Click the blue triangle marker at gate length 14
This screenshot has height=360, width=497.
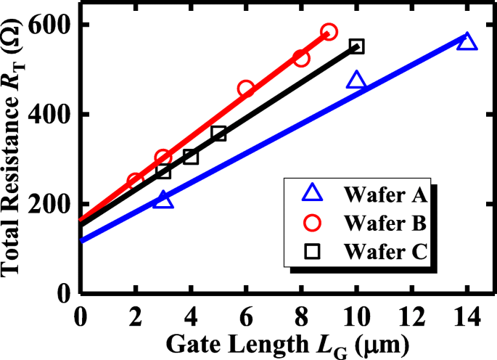click(x=467, y=41)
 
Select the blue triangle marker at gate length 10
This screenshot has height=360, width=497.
click(x=356, y=81)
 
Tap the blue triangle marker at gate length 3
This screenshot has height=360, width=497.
click(x=164, y=200)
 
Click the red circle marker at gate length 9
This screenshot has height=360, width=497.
click(x=329, y=32)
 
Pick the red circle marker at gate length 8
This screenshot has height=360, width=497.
click(x=301, y=58)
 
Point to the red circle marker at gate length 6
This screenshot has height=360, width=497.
click(x=246, y=89)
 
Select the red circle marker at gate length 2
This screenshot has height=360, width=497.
click(x=135, y=181)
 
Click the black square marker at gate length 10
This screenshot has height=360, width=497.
click(x=356, y=46)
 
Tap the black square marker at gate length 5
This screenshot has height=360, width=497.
click(x=218, y=134)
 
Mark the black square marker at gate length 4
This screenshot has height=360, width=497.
click(x=191, y=156)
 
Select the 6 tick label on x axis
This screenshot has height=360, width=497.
click(x=246, y=316)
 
